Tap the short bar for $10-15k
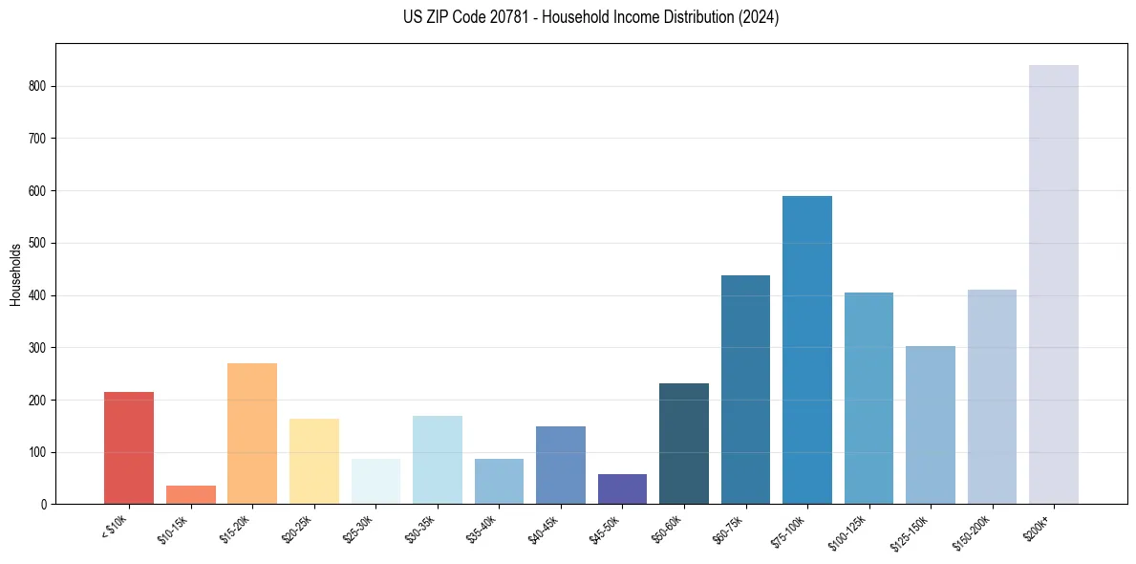190,494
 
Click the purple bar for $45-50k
622,488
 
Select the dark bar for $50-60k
683,444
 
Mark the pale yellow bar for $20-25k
313,461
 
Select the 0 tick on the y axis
44,504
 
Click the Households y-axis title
15,273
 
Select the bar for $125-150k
930,424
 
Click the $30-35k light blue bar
437,460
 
